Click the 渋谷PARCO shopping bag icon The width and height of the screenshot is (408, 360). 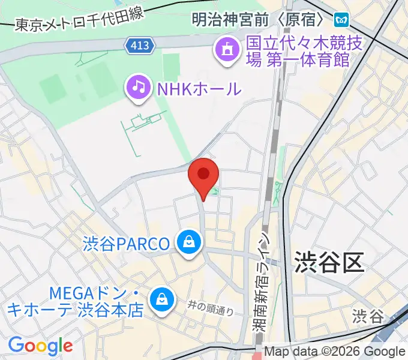(x=189, y=243)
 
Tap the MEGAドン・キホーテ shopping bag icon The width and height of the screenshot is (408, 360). (x=161, y=298)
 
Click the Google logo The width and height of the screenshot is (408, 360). (x=40, y=346)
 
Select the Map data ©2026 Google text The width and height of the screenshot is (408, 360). (x=334, y=352)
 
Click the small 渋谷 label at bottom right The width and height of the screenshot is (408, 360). (x=367, y=316)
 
